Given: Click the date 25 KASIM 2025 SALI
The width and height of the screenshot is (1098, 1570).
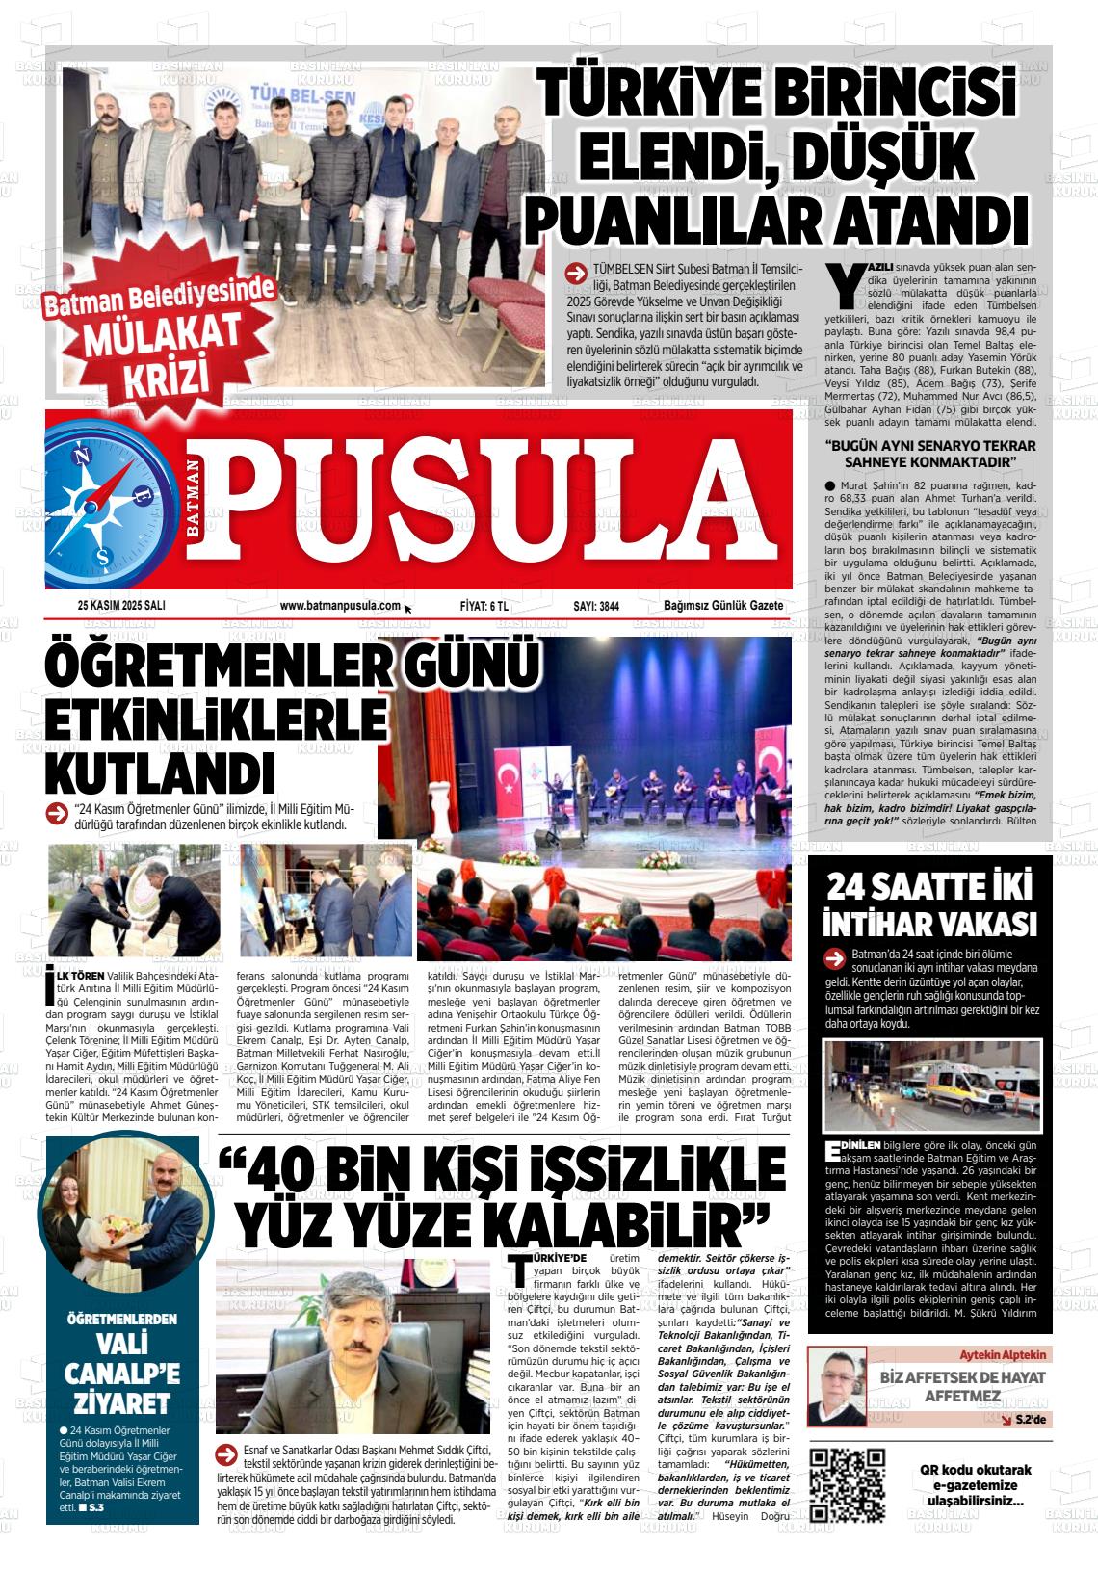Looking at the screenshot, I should pos(121,606).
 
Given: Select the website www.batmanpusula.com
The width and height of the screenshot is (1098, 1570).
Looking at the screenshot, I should pos(339,606).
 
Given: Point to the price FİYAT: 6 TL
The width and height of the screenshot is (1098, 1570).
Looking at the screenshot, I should pos(484,606).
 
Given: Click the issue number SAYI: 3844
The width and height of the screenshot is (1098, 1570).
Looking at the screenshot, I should pos(596,606).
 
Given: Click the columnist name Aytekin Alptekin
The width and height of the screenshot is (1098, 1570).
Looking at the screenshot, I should pos(1003,1353).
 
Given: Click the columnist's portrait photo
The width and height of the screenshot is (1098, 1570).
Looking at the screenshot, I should pos(840,1387).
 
